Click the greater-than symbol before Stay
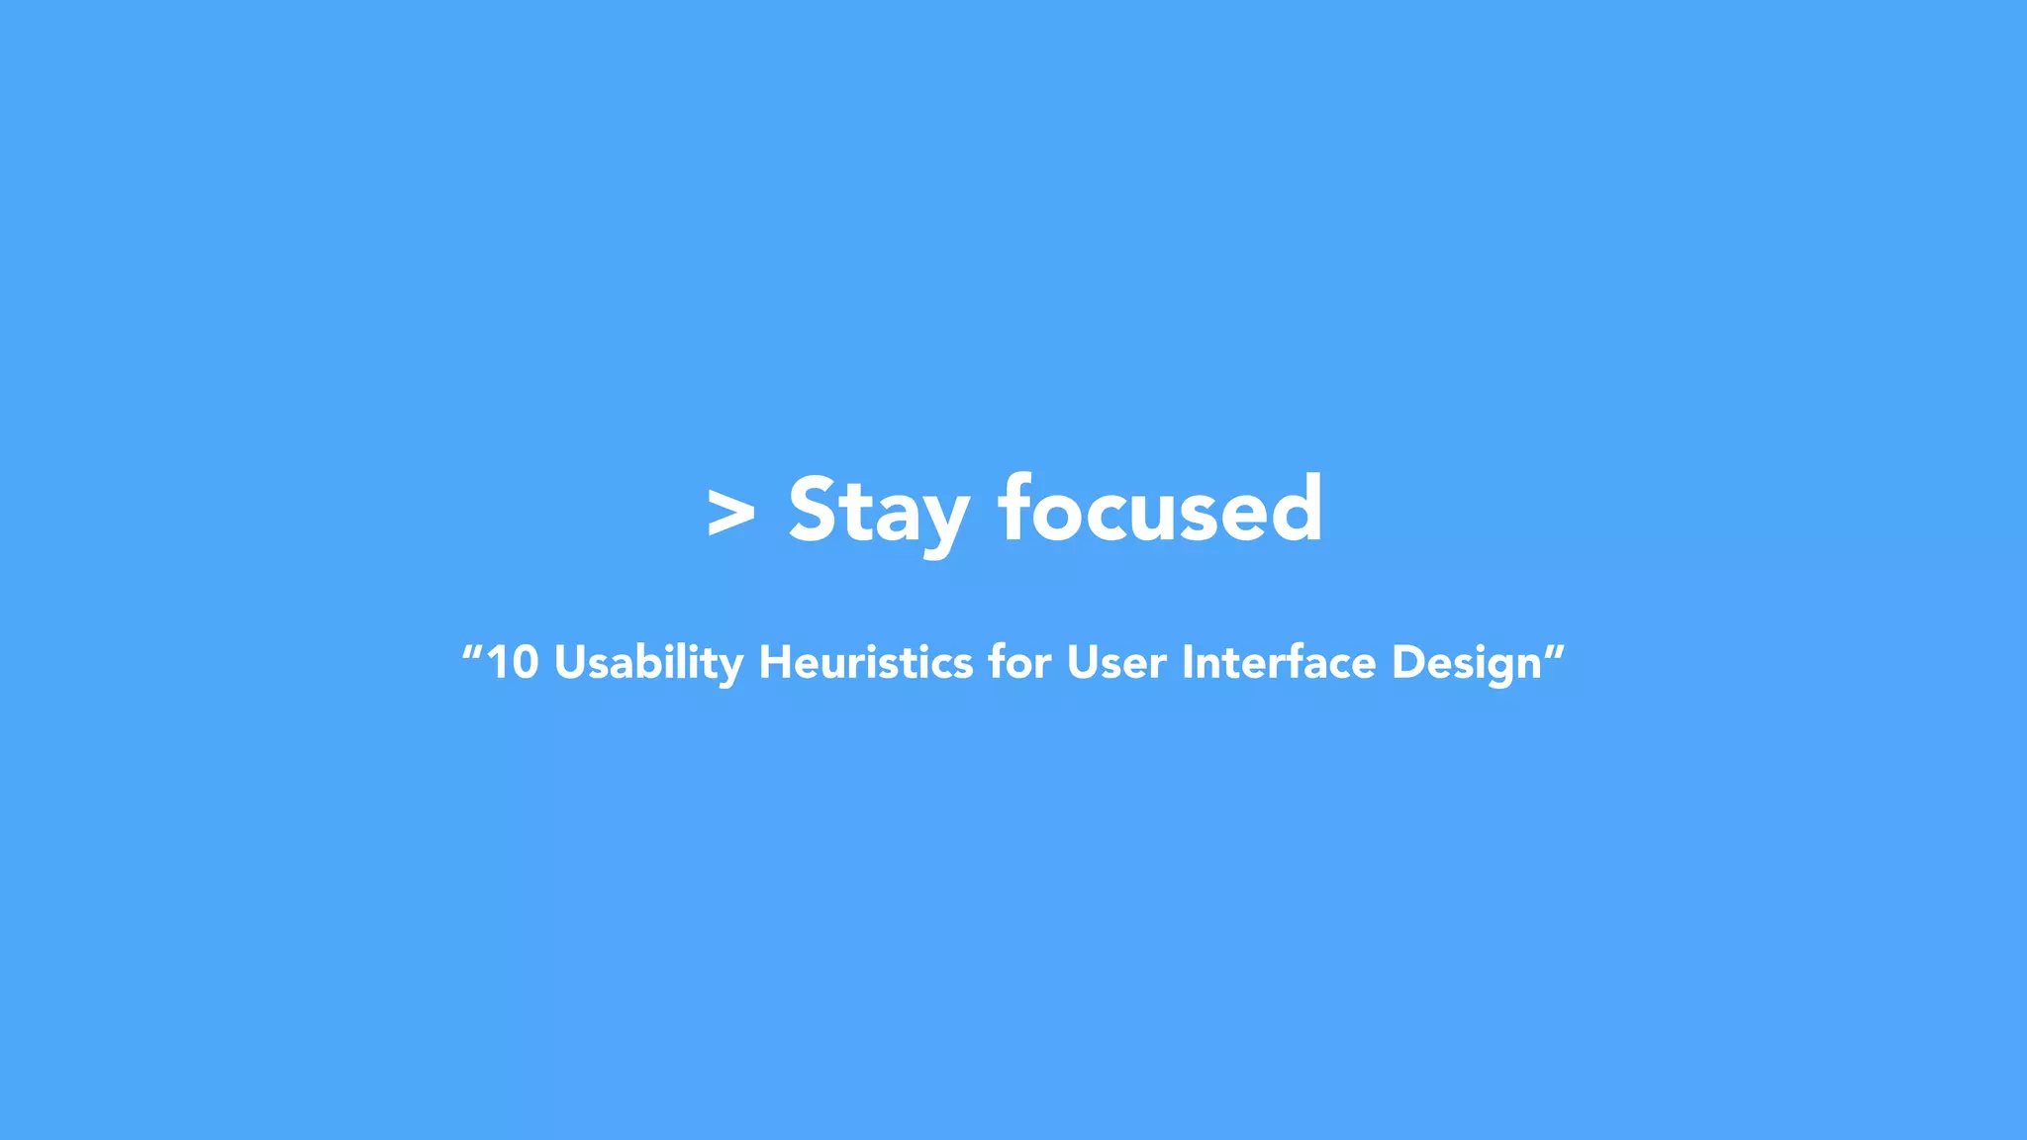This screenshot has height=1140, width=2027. (731, 513)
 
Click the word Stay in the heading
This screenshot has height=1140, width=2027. (878, 511)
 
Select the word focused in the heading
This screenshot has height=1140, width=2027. (1160, 509)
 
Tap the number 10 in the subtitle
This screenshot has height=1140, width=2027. (513, 662)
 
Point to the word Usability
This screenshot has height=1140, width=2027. (648, 662)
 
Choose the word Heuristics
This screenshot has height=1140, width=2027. (865, 662)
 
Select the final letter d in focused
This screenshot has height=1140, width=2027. (1296, 509)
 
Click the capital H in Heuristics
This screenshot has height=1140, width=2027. (778, 662)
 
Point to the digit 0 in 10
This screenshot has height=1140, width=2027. (525, 662)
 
